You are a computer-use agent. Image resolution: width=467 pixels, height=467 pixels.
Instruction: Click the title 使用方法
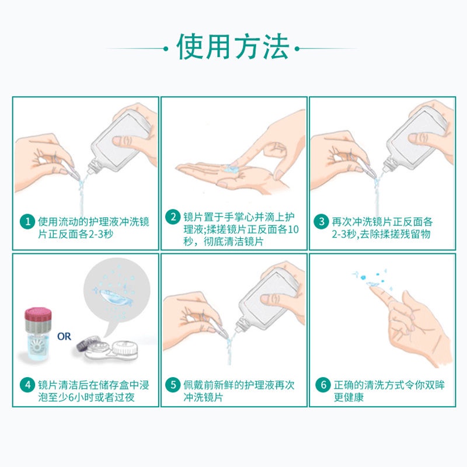tap(233, 47)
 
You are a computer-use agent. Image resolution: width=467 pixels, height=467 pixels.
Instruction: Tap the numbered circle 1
tap(27, 222)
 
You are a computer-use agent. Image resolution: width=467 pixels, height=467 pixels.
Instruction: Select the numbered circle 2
tap(173, 217)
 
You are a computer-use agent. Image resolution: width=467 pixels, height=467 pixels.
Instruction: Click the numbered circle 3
tap(322, 222)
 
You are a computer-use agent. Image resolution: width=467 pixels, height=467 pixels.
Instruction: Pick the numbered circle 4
tap(27, 385)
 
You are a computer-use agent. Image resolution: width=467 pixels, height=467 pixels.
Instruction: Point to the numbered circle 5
tap(173, 385)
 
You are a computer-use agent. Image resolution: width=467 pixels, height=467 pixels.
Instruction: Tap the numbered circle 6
tap(323, 385)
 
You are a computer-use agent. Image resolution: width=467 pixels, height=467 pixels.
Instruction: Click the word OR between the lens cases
tap(64, 337)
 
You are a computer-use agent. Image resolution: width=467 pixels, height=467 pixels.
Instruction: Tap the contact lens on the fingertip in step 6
tap(372, 284)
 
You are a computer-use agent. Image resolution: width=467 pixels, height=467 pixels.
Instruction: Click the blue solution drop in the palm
tap(230, 169)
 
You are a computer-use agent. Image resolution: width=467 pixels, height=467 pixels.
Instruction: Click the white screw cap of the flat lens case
tap(124, 348)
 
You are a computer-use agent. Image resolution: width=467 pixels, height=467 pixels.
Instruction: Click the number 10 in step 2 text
tap(293, 229)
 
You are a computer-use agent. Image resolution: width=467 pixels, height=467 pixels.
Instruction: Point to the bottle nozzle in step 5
tap(241, 327)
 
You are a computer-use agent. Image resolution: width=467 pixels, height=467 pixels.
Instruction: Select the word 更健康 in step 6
tap(348, 398)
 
